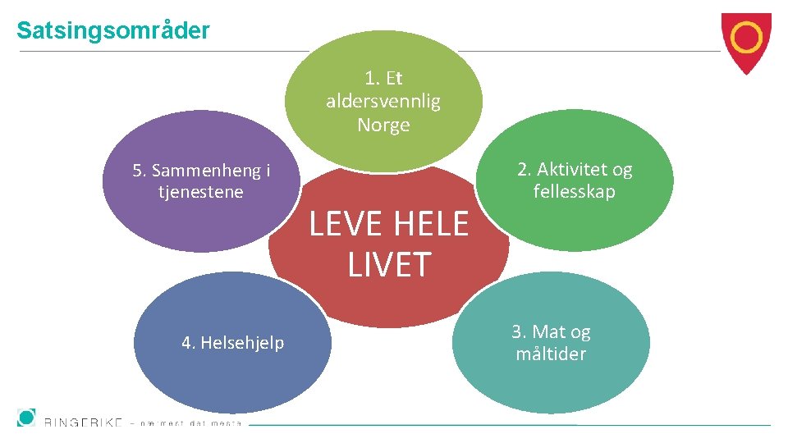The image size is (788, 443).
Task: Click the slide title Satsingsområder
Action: point(113,31)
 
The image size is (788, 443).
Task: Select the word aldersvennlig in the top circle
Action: point(383,102)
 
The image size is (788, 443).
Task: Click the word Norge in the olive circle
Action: point(383,126)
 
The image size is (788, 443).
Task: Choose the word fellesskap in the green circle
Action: point(574,192)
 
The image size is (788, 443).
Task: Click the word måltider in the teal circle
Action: point(551,354)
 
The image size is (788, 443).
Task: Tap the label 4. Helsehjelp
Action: point(232,343)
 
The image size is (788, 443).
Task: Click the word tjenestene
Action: point(201,192)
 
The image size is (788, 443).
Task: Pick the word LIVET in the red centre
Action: point(389,265)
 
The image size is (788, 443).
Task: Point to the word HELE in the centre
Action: point(431,224)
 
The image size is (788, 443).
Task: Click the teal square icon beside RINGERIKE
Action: point(26,417)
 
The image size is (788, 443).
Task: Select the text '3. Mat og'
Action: point(551,332)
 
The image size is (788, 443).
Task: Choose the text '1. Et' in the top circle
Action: point(383,79)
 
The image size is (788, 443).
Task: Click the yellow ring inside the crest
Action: point(746,37)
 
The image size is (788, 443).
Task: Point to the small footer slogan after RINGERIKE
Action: point(190,424)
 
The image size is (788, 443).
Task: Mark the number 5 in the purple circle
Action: point(137,171)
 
